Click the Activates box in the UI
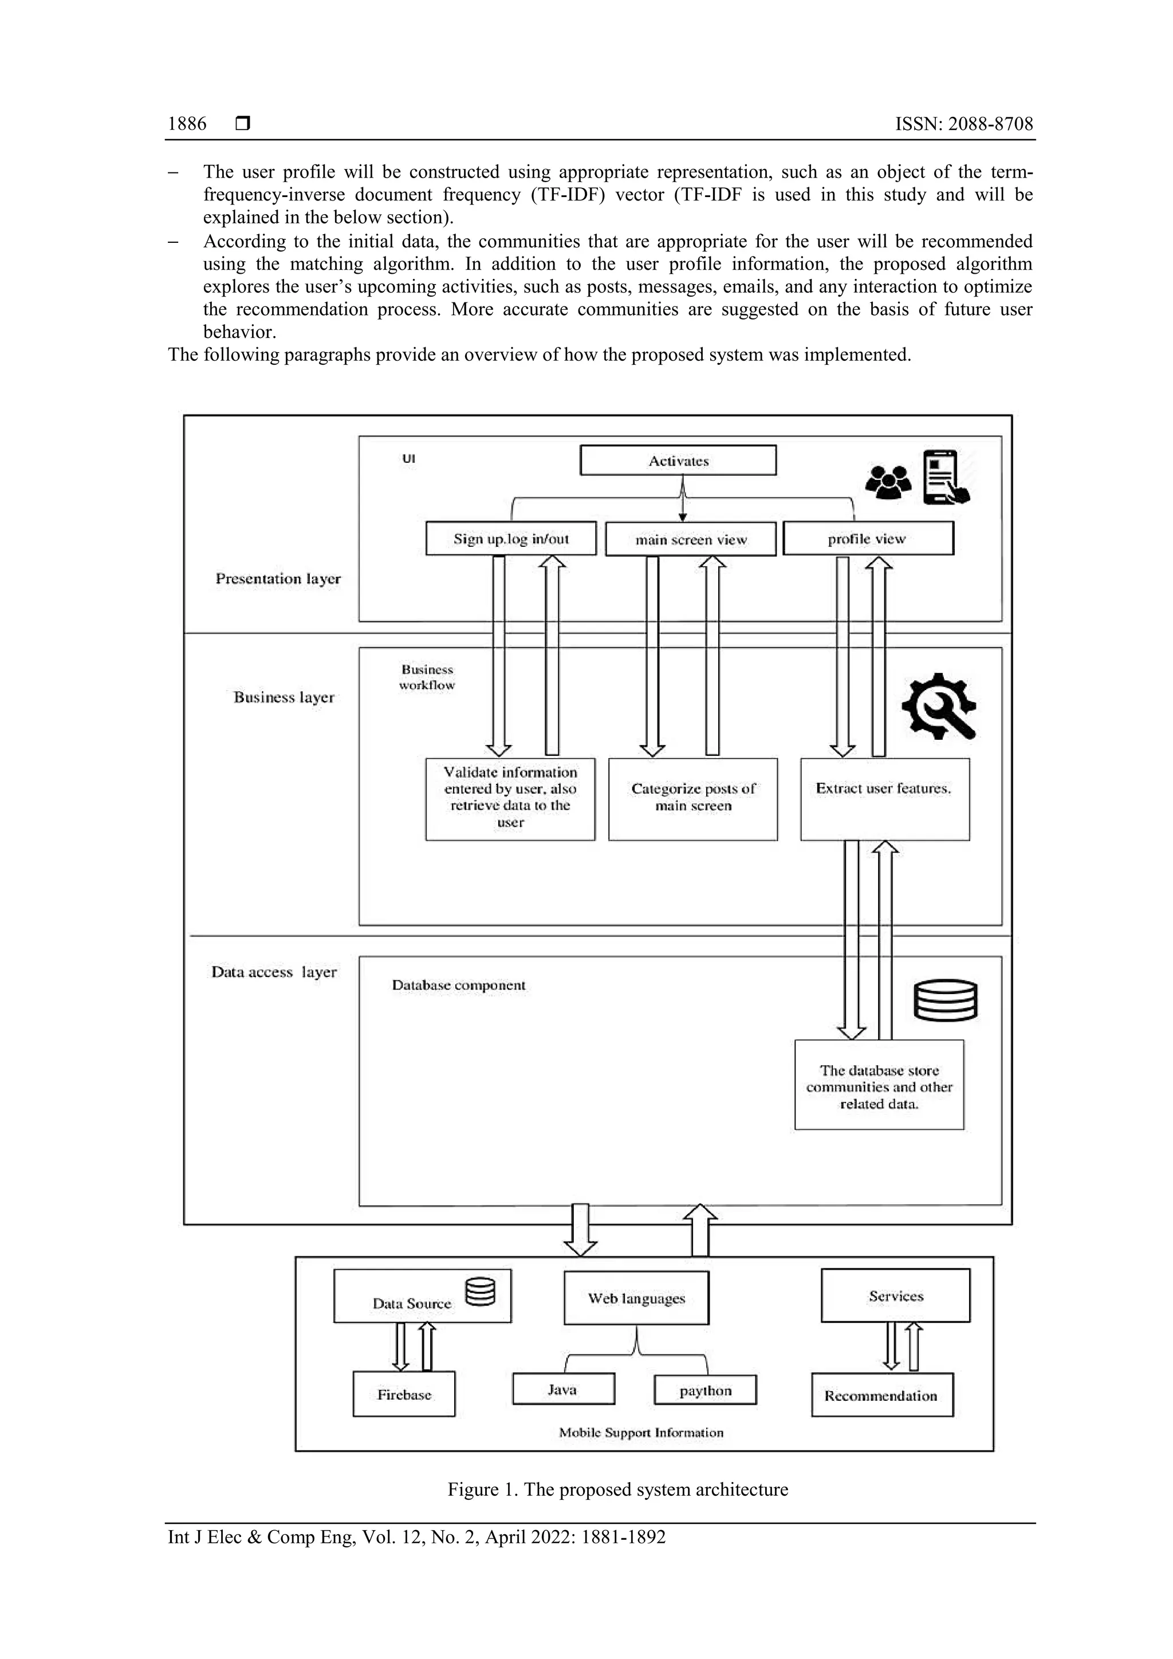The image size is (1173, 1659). [678, 460]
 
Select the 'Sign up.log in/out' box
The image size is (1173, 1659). [511, 539]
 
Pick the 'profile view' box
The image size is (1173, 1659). [868, 539]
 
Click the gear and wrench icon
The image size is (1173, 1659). [939, 706]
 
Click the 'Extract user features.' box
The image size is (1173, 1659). [885, 798]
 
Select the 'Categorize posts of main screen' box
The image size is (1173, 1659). [693, 798]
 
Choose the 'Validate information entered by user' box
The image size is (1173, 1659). [510, 798]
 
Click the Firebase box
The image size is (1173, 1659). [404, 1394]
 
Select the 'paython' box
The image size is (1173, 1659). [706, 1389]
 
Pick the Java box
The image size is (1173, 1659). [563, 1389]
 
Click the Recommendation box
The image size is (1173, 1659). [881, 1394]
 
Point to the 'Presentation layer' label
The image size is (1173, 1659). [278, 579]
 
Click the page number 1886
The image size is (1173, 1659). [187, 124]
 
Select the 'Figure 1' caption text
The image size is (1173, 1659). [617, 1489]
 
